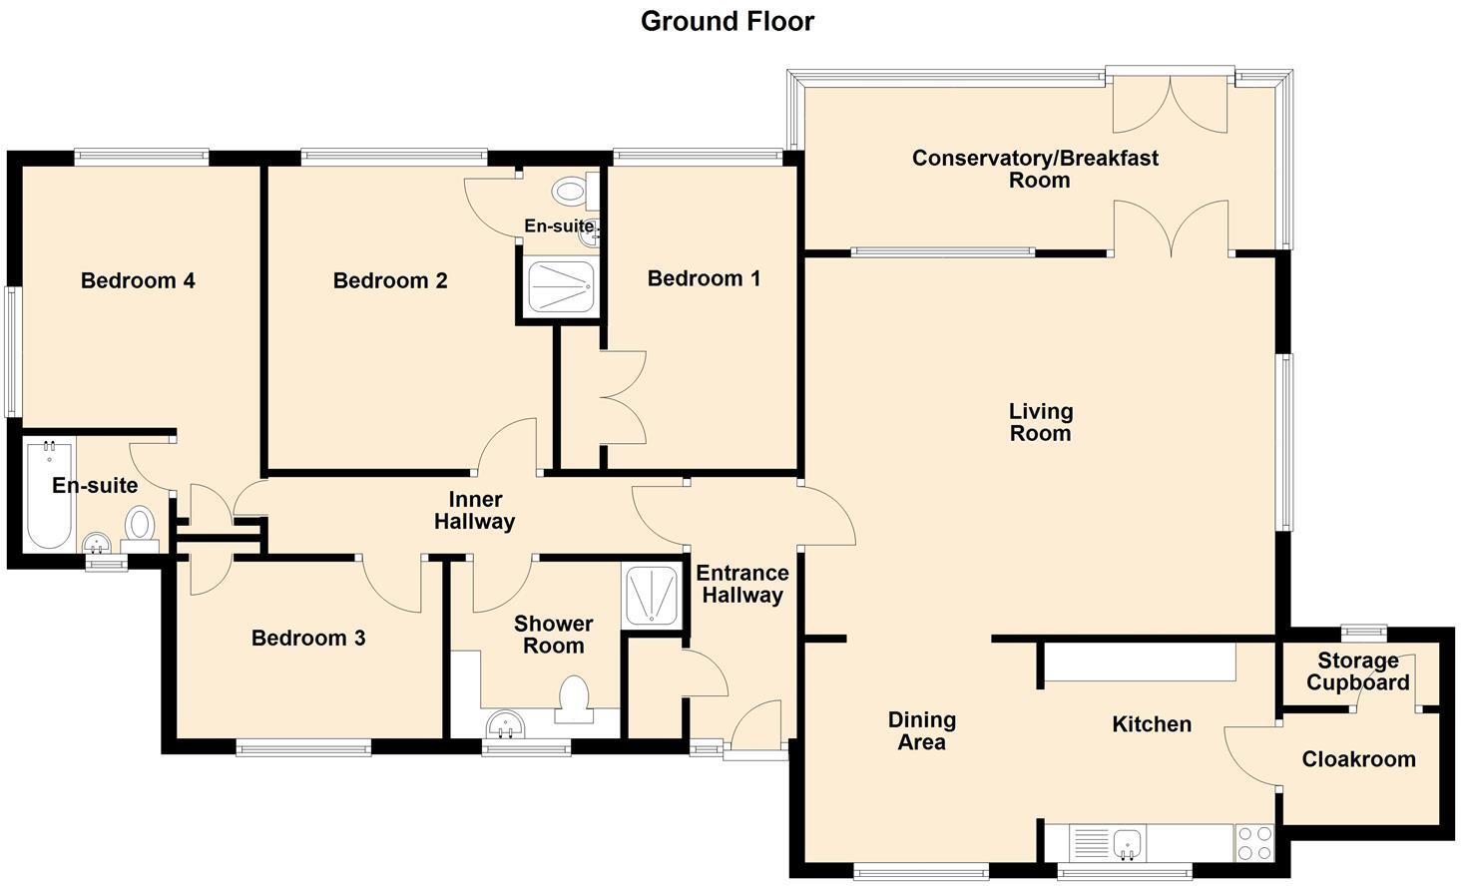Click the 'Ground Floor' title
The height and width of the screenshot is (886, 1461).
[727, 21]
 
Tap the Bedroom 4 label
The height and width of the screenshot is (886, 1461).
[138, 280]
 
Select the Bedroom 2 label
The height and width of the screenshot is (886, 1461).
[390, 280]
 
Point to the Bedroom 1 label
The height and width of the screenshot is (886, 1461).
[704, 278]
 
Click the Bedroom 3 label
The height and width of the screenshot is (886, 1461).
[308, 638]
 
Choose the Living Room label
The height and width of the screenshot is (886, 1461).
[1040, 422]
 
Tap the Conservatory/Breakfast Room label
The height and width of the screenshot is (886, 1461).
[1036, 169]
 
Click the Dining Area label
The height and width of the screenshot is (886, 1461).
[922, 730]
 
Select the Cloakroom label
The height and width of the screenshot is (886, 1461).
[1358, 759]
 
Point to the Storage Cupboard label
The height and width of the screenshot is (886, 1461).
[1357, 671]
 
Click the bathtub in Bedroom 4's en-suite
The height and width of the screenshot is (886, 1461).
[49, 494]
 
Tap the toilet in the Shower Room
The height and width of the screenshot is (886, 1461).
[574, 699]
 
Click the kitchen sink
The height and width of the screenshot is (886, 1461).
[1129, 843]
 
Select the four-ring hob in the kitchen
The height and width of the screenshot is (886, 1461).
[1254, 843]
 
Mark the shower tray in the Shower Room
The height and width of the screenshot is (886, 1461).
[652, 595]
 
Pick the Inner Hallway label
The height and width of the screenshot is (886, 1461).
[475, 510]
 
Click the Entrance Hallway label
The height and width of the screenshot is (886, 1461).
[741, 584]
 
